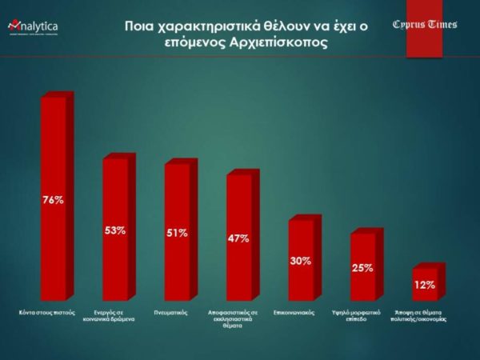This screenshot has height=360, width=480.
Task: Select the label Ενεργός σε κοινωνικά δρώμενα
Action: click(114, 315)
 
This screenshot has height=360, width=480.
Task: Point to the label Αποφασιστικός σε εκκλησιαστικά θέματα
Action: click(238, 318)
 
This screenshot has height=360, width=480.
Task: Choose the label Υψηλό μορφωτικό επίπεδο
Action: click(362, 315)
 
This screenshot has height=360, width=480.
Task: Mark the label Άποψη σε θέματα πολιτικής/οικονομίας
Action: click(424, 315)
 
